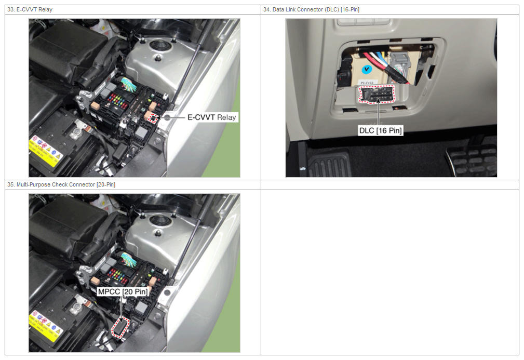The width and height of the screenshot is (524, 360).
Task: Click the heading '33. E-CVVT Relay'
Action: point(30,9)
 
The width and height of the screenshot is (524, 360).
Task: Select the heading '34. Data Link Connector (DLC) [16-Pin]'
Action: point(311,9)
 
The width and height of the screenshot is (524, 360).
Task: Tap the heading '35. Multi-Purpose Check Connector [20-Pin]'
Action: point(61,184)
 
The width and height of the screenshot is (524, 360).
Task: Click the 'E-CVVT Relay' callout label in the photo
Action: point(212,117)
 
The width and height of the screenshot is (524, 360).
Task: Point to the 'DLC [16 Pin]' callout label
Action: point(380,130)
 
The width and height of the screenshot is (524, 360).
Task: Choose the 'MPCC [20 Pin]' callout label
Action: point(123,291)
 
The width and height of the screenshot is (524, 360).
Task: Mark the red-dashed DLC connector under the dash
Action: point(377,94)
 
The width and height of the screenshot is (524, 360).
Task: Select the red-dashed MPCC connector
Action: point(120,327)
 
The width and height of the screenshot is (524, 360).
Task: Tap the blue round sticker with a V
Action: point(367,69)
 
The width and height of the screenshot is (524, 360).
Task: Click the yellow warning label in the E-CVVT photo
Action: point(46,151)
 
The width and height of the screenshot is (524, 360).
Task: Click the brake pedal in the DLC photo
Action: point(471,160)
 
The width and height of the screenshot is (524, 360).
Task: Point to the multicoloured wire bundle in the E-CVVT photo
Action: point(129,84)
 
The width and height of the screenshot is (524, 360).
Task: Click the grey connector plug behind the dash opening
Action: point(399,62)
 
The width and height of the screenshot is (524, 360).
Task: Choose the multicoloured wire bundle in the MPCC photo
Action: point(129,259)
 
